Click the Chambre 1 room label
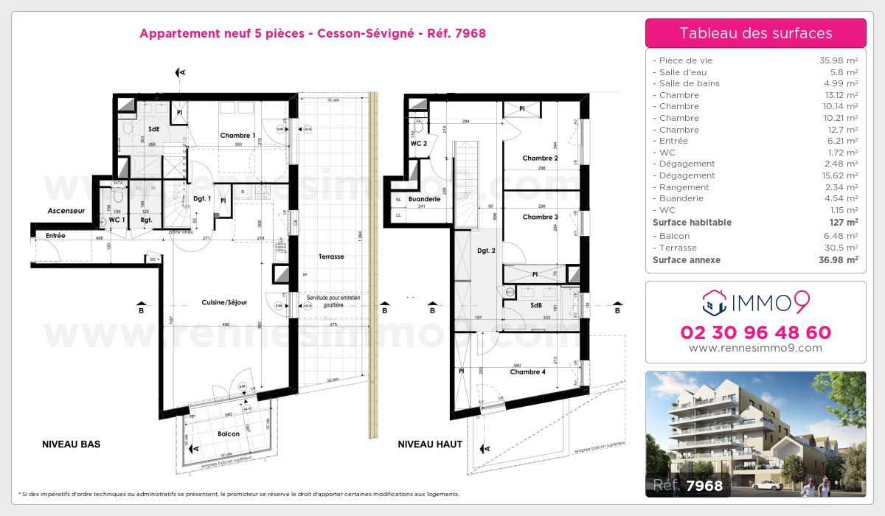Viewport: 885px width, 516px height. click(x=237, y=136)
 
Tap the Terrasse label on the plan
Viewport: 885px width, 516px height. click(x=331, y=257)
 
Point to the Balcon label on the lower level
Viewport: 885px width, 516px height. click(x=229, y=434)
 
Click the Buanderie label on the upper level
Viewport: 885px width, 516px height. click(x=425, y=199)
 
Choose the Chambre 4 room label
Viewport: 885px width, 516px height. click(x=527, y=372)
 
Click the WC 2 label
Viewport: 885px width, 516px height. click(x=419, y=144)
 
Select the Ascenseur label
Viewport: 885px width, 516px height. click(x=66, y=211)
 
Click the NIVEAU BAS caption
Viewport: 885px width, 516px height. click(x=71, y=444)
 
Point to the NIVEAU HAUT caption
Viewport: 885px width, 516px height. click(x=430, y=444)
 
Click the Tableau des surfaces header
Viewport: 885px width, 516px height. click(x=755, y=33)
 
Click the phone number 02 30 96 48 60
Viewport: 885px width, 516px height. click(x=755, y=332)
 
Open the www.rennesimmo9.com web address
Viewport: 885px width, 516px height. click(x=755, y=348)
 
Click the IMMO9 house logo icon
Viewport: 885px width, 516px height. click(x=714, y=301)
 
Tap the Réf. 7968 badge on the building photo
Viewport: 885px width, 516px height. click(x=688, y=485)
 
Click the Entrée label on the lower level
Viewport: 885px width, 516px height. click(x=55, y=236)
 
